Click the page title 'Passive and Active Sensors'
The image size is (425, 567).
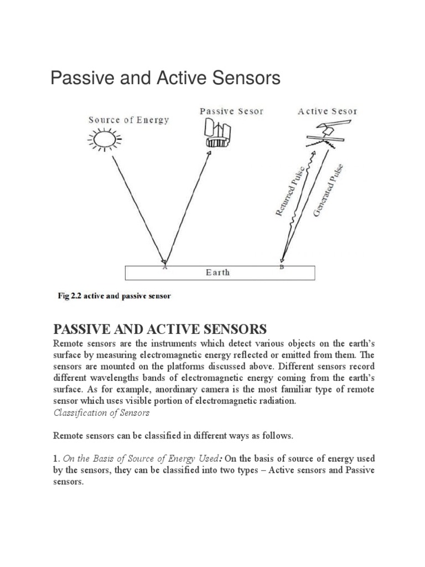tap(165, 79)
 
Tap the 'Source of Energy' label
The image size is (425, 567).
tap(128, 120)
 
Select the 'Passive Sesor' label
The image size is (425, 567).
tap(231, 111)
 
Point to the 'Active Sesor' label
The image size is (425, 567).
tap(328, 111)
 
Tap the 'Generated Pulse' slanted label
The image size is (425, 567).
tap(328, 190)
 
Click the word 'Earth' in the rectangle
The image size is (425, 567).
tap(217, 272)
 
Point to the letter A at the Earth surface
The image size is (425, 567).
tap(164, 267)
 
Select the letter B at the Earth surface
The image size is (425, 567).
tap(282, 267)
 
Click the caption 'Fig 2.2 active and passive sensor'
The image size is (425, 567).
tap(115, 296)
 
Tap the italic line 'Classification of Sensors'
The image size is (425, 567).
tap(101, 413)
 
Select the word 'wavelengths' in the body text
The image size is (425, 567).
tap(111, 378)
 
